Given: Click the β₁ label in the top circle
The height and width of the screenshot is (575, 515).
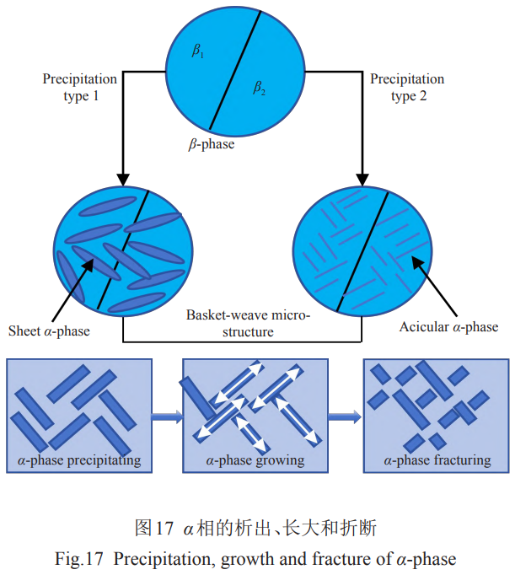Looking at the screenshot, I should tap(199, 52).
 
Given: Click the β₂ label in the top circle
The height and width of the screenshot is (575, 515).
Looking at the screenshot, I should tap(260, 88).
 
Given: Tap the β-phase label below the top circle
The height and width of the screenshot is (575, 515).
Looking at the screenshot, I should tap(211, 144).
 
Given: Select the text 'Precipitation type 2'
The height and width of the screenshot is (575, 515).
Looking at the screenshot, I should tap(407, 88).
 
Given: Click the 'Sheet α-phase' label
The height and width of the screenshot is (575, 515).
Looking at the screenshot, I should tap(48, 330).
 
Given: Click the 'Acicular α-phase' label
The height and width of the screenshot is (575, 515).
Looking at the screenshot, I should tap(448, 326).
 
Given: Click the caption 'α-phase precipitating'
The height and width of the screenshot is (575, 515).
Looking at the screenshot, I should tap(79, 460).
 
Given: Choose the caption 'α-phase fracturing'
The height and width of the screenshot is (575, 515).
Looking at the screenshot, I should tap(437, 460).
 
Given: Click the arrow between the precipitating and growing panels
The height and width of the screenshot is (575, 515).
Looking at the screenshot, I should tap(167, 415).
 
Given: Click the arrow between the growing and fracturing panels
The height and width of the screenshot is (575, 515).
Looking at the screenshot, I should tap(344, 415).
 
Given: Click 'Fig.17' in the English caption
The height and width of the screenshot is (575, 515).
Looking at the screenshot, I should tap(84, 557).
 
